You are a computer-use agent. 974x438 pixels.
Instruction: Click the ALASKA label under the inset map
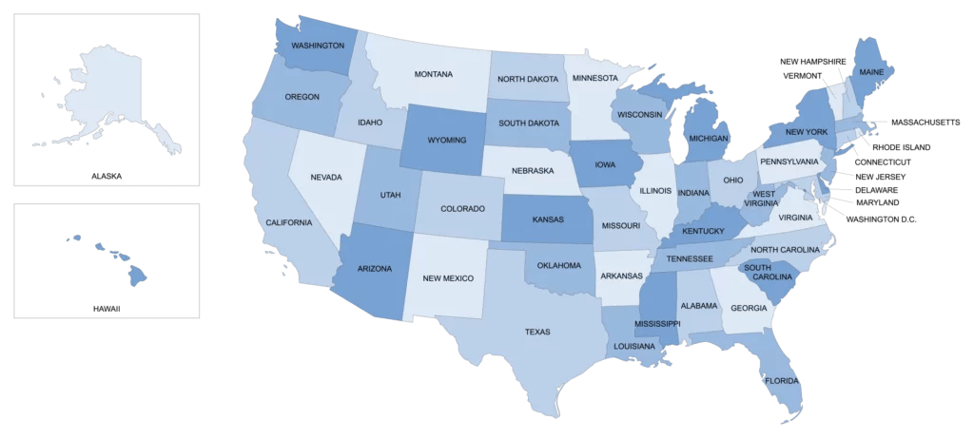point(107,176)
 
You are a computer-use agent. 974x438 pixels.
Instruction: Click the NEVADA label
point(326,177)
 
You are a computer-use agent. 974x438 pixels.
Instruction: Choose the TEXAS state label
point(537,332)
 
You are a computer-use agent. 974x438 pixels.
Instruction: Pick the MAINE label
point(871,72)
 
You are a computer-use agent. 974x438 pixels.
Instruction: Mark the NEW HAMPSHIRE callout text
point(812,61)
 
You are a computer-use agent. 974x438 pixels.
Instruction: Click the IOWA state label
point(604,162)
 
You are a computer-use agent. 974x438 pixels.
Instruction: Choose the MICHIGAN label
point(708,139)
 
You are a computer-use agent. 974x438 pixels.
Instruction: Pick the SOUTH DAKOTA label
point(529,123)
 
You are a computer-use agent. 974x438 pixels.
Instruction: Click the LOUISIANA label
point(634,346)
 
